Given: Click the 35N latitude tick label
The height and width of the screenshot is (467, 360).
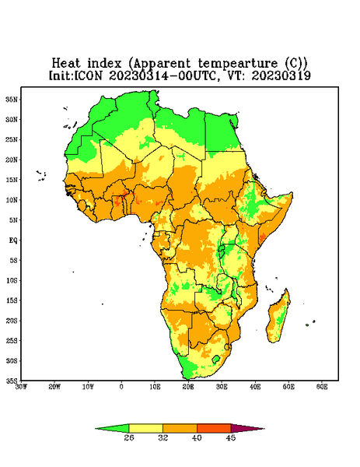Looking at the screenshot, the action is (12, 99).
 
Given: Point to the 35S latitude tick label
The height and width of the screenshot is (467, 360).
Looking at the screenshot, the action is (12, 381).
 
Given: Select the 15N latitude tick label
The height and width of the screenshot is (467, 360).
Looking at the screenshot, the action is (12, 180).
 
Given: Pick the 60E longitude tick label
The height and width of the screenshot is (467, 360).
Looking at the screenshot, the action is (322, 387).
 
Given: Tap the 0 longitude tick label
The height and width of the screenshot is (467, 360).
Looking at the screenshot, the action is (121, 387).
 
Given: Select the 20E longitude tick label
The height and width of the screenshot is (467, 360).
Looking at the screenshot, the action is (188, 387).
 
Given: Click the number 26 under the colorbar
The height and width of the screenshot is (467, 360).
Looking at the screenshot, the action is (129, 437).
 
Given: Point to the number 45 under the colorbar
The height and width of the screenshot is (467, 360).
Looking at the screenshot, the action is (231, 437).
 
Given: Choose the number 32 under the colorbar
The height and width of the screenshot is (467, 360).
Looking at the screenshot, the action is (163, 437).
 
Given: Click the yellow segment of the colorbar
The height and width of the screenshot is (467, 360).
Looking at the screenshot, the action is (145, 428).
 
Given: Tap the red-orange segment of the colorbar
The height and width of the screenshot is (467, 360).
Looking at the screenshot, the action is (214, 428).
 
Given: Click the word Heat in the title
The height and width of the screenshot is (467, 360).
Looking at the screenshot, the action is (66, 64).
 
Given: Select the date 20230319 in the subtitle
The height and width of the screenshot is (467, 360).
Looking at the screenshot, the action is (281, 75).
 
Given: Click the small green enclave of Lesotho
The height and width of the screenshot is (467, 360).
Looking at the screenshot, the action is (216, 359).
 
